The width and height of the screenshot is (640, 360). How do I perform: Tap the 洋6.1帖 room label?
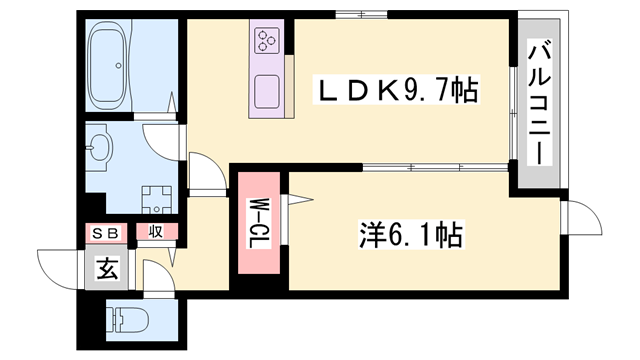tap(410, 236)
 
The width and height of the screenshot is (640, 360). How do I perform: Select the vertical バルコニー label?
tap(538, 103)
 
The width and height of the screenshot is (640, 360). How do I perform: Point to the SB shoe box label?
tap(106, 233)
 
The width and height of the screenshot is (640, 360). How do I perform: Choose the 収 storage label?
tap(156, 233)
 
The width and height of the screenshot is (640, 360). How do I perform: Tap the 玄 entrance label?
tap(105, 268)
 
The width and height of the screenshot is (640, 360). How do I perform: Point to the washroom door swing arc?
tap(160, 139)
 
